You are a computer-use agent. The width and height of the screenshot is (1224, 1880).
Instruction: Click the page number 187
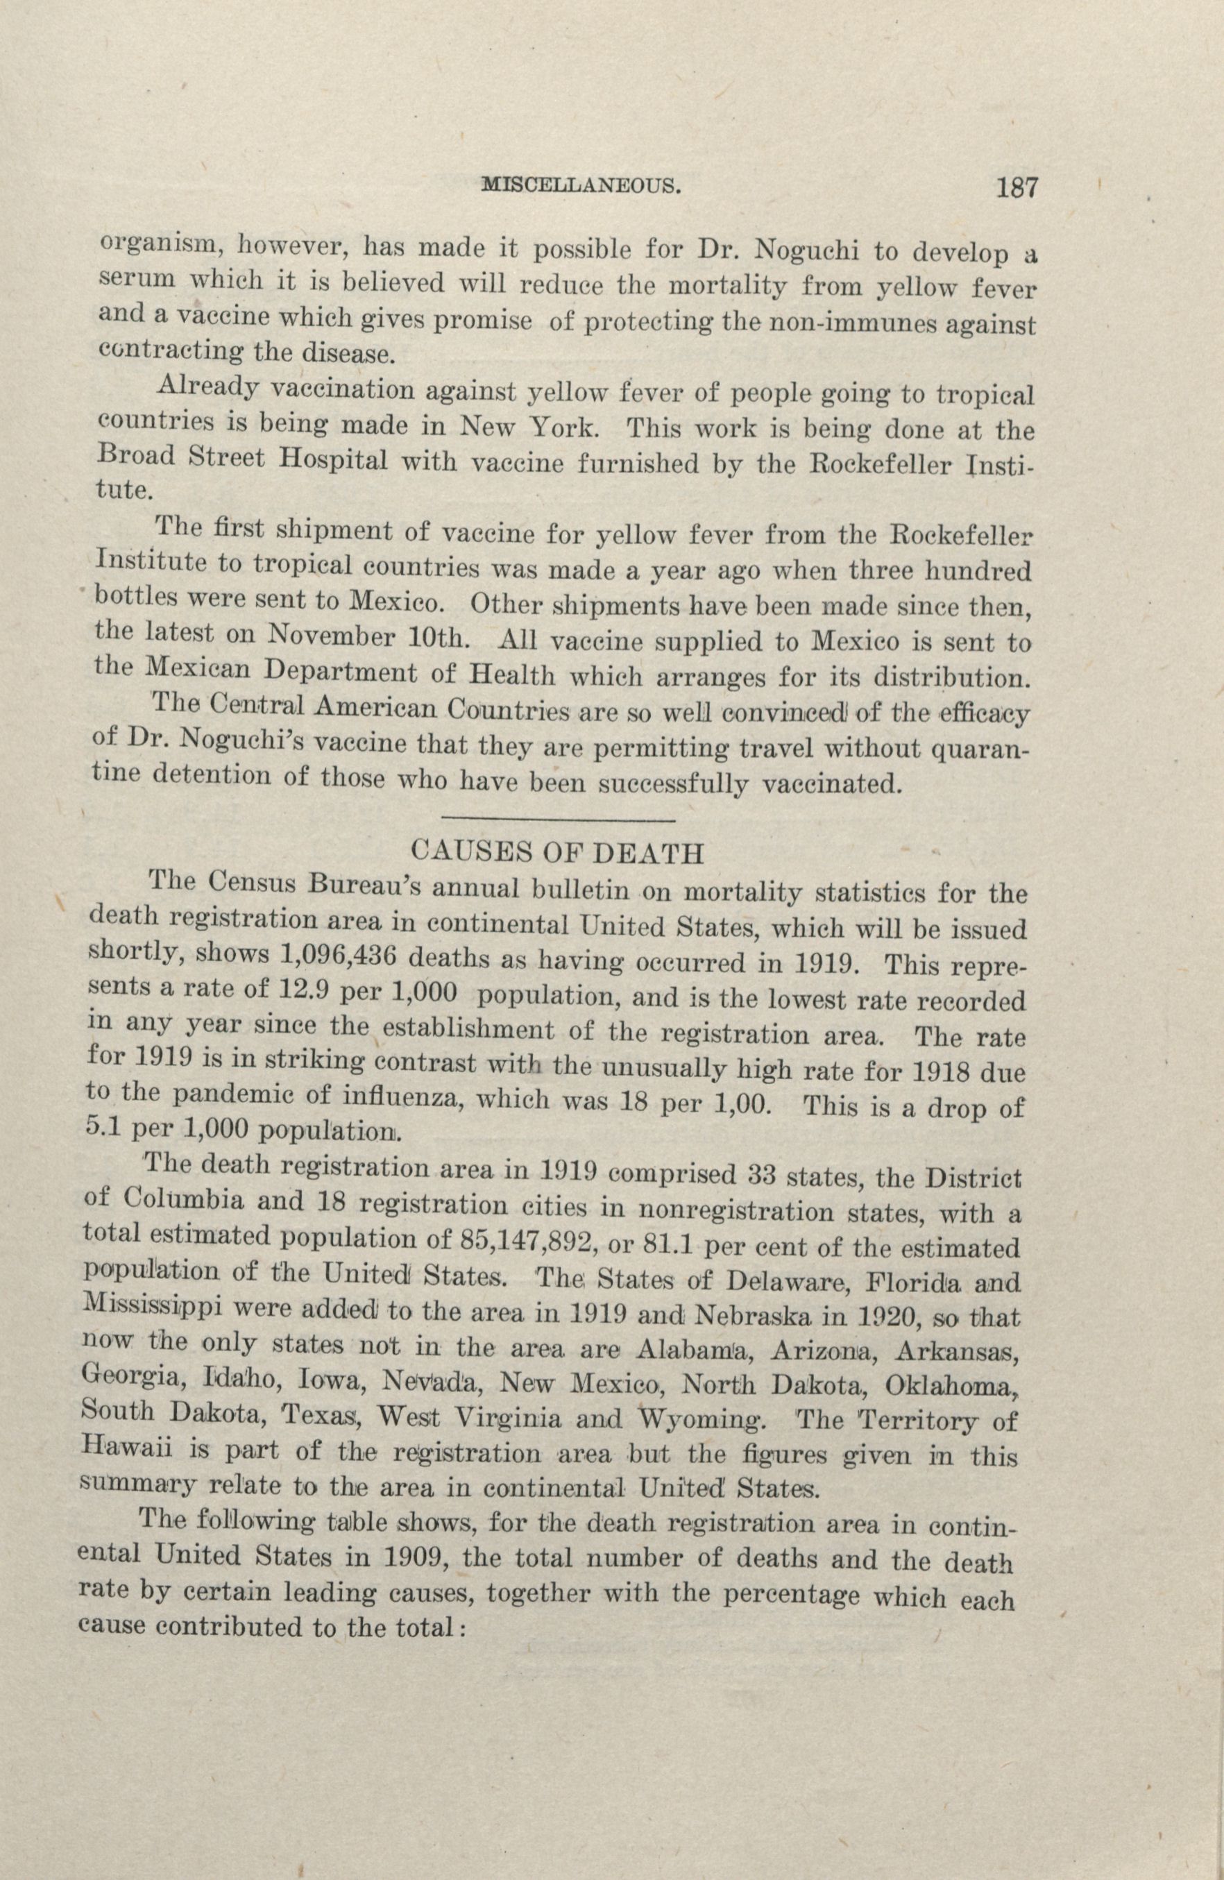pos(1016,189)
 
